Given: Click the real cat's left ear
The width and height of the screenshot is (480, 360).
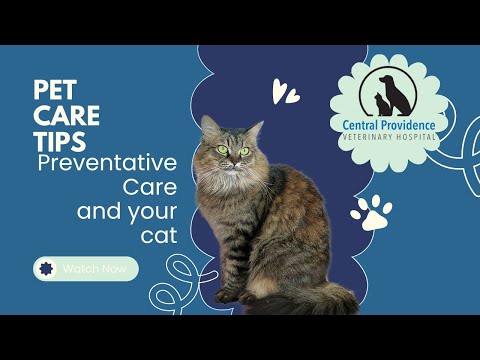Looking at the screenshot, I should [x=209, y=126].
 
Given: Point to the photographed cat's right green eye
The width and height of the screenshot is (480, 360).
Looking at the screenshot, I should [x=244, y=151].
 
